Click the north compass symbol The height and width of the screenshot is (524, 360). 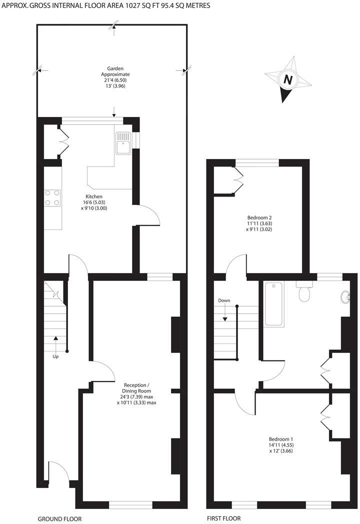287,79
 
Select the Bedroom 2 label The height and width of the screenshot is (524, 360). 259,223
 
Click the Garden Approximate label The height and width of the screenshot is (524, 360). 115,77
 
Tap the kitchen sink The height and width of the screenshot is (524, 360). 122,142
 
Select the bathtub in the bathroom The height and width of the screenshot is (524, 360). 272,304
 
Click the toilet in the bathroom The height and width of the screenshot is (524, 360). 303,292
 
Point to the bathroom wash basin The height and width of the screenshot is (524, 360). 346,298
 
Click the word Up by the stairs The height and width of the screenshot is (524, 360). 55,356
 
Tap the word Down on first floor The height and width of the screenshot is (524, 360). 224,300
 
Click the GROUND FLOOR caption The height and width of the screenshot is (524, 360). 59,518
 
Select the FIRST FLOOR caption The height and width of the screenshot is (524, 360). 223,518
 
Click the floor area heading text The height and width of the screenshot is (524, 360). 105,6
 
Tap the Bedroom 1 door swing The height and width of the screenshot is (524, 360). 245,400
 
